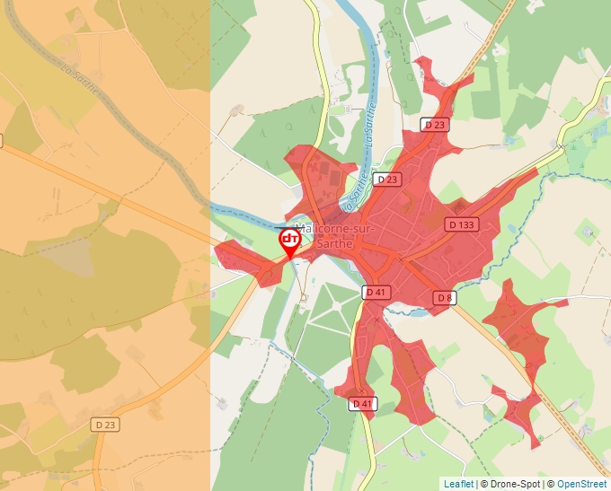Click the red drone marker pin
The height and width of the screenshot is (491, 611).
[289, 241]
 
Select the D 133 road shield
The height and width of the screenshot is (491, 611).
[462, 224]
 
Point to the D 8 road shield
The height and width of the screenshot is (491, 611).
[445, 297]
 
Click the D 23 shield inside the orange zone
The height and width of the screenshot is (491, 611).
[105, 425]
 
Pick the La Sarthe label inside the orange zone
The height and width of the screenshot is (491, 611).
[80, 79]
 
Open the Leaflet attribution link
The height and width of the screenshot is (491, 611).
[458, 484]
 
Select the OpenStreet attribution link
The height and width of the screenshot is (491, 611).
[581, 484]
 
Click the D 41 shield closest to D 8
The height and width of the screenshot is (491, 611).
[376, 293]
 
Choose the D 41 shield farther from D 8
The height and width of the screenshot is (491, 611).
[362, 404]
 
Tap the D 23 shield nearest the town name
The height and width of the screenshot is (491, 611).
[388, 180]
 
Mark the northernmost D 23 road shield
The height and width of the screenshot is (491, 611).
[435, 125]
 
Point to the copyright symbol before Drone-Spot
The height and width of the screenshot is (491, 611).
[484, 484]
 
